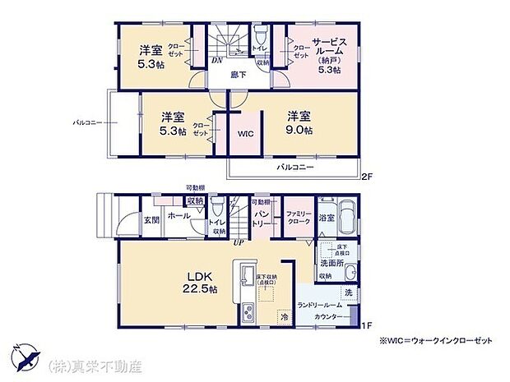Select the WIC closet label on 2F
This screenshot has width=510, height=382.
[246, 133]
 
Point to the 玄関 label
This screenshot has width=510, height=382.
[151, 219]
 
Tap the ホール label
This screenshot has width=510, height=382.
[178, 215]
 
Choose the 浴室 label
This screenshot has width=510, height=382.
[327, 218]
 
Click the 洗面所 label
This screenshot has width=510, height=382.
[332, 265]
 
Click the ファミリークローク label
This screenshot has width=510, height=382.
[297, 219]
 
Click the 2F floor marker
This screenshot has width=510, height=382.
[367, 175]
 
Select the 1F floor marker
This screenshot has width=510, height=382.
[366, 326]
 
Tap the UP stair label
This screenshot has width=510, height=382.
[239, 243]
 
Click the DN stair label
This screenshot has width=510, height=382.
[216, 60]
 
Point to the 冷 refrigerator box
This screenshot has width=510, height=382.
[284, 315]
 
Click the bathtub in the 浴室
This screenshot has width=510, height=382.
[346, 218]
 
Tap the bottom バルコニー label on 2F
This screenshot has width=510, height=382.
[292, 166]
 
